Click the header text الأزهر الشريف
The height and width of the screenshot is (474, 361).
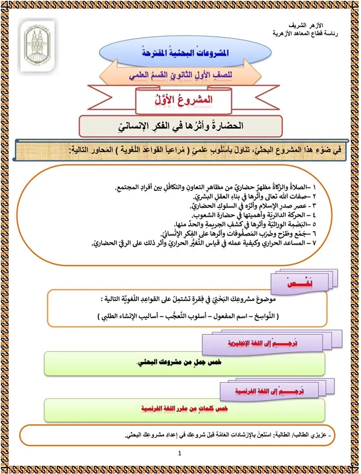click(323, 27)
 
